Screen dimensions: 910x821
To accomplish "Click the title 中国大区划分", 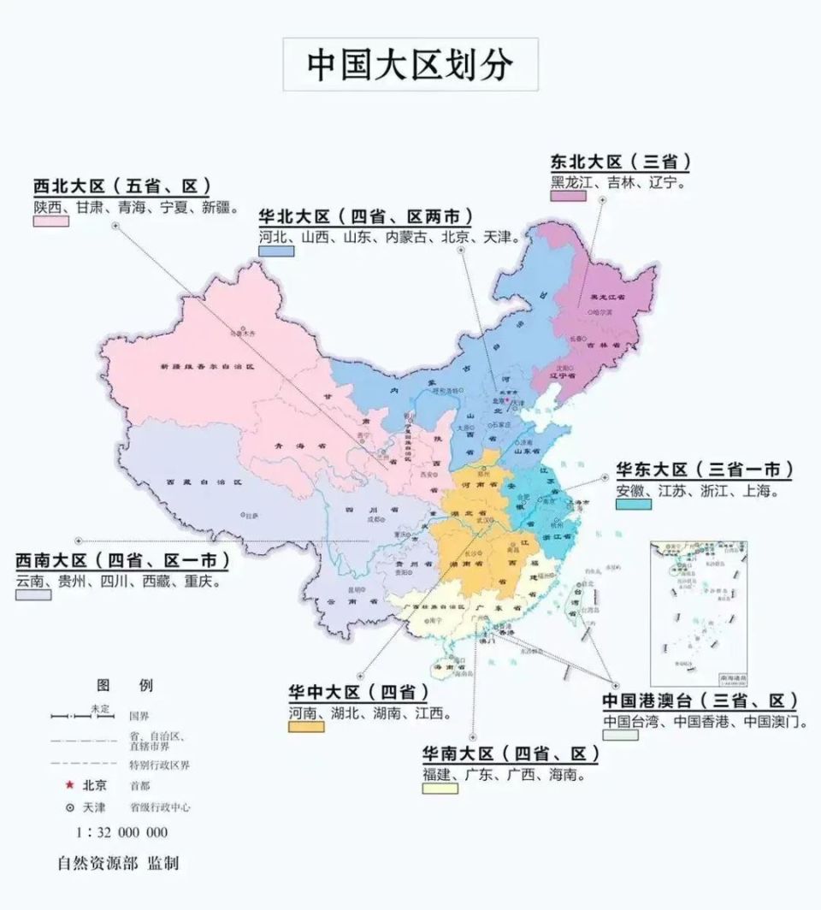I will (x=410, y=64).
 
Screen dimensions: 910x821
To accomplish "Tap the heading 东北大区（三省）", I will (x=620, y=162).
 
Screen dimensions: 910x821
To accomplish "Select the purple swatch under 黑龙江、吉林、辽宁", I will (x=568, y=196).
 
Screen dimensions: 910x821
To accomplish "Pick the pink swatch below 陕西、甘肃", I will (x=50, y=221).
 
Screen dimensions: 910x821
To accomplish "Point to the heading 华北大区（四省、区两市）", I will (x=365, y=216).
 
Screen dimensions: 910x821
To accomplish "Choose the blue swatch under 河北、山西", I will (x=275, y=251).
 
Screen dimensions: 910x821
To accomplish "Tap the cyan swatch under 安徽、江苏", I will (x=633, y=504).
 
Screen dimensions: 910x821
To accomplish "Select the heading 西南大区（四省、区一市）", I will (x=122, y=561).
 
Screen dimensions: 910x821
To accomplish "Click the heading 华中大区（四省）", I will (x=357, y=691).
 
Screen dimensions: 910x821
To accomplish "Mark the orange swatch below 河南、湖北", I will (x=305, y=726).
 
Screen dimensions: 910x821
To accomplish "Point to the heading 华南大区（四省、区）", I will (x=510, y=753).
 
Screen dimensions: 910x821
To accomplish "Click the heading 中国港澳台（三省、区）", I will (x=699, y=700).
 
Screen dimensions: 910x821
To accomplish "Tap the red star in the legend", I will (x=70, y=785).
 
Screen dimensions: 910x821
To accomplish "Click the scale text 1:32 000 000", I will (x=122, y=832).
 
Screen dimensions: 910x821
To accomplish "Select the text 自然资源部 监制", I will (x=118, y=863).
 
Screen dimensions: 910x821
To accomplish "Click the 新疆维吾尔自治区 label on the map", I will (x=208, y=366).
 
